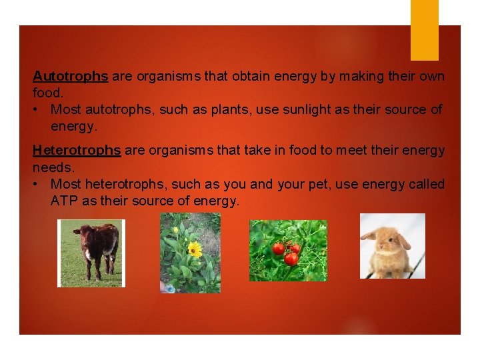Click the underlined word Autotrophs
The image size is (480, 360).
(x=70, y=77)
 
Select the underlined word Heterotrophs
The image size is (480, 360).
(x=77, y=151)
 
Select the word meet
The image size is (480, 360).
(x=347, y=151)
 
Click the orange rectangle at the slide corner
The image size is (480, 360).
(x=424, y=30)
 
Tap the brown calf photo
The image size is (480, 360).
(x=91, y=253)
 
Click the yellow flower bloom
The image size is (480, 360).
(x=195, y=249)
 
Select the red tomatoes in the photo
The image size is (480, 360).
(x=287, y=253)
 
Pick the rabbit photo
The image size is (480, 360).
(x=392, y=246)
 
